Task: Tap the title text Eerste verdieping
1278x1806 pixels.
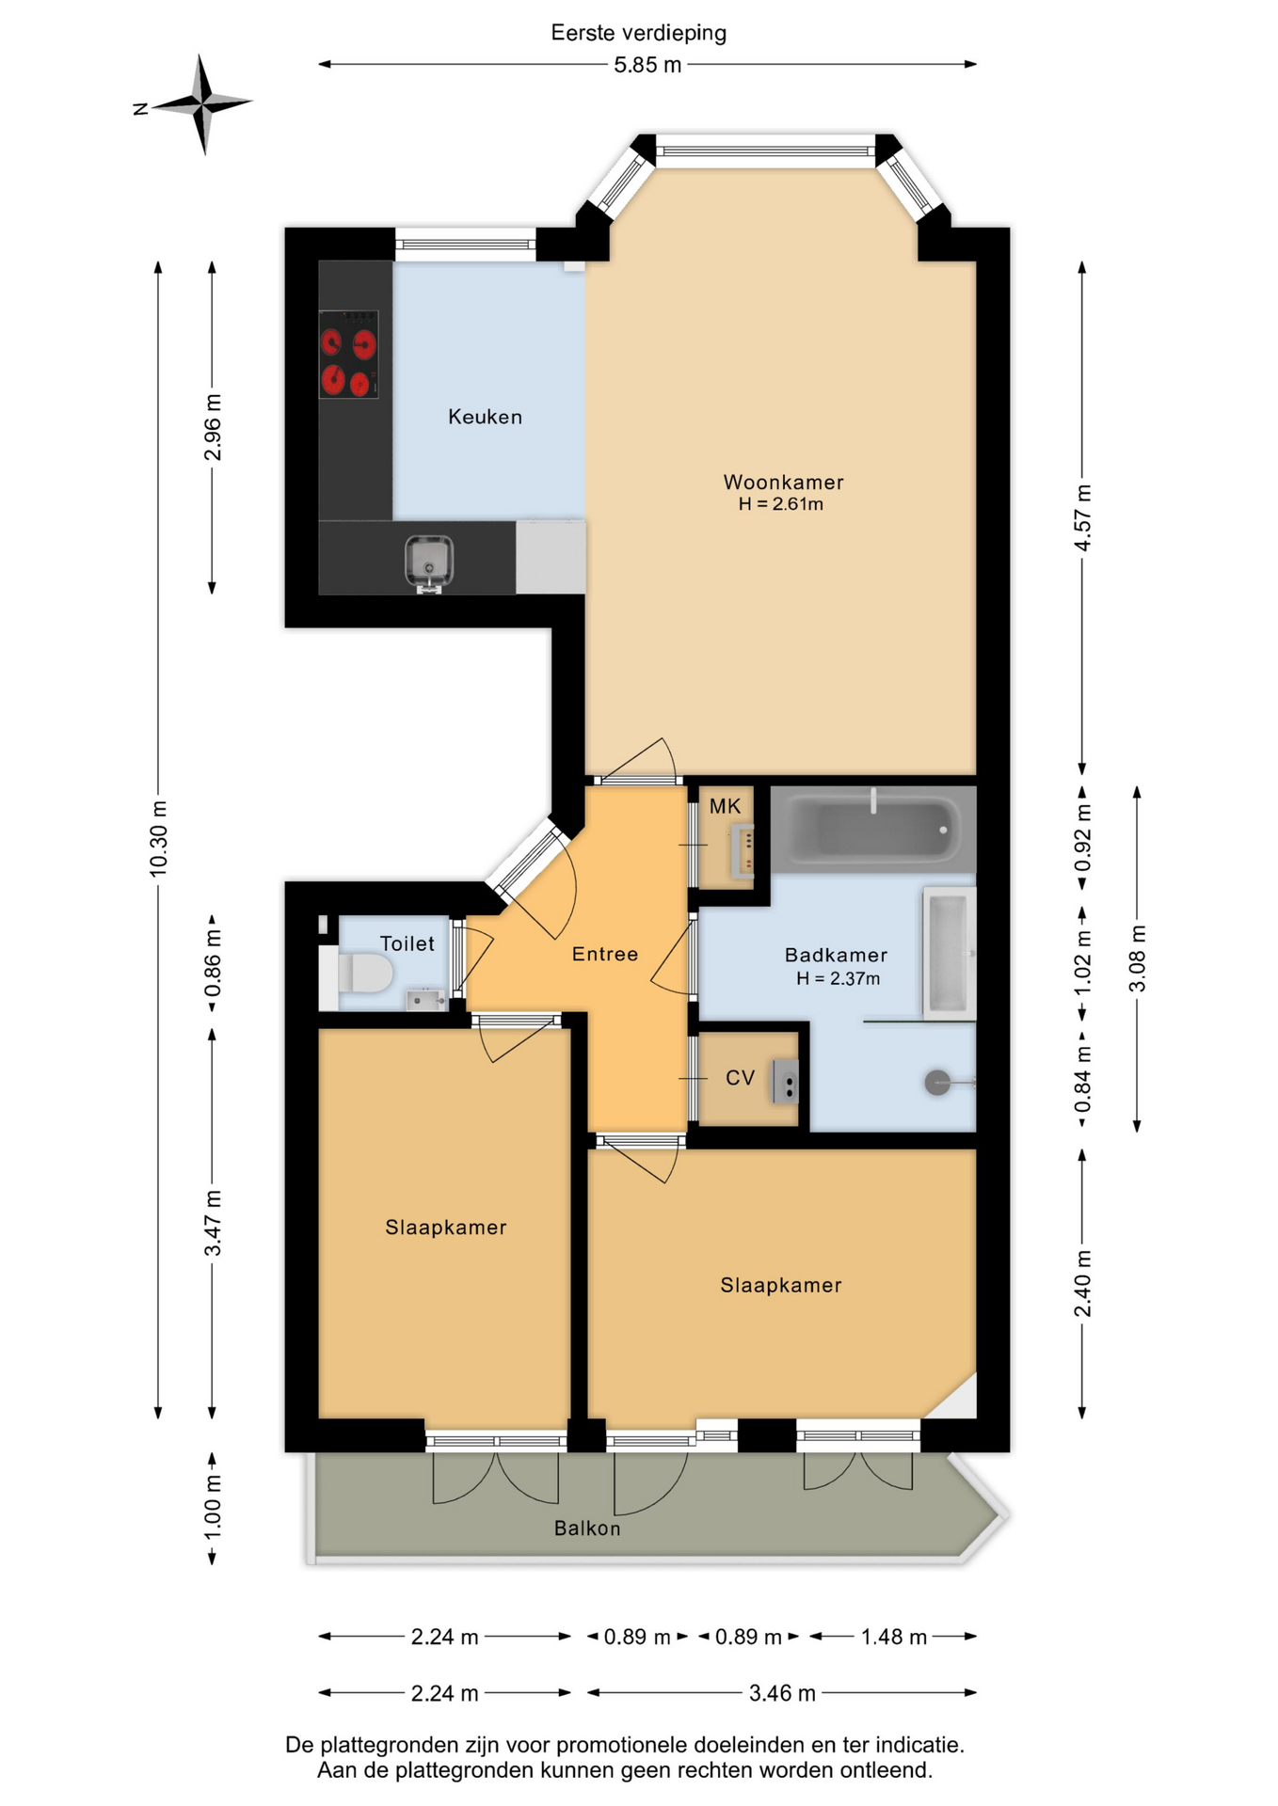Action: click(x=639, y=33)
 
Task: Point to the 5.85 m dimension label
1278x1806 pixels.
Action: click(x=647, y=65)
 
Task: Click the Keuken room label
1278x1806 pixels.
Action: click(x=485, y=417)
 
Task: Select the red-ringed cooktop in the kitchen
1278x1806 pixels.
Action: click(x=348, y=354)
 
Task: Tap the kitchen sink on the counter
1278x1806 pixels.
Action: click(x=429, y=562)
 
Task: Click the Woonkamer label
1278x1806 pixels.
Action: click(x=783, y=482)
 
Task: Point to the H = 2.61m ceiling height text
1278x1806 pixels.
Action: click(x=780, y=504)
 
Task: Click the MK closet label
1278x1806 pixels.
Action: click(x=725, y=806)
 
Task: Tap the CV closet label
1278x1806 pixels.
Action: click(x=740, y=1078)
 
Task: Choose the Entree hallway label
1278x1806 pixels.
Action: click(x=605, y=954)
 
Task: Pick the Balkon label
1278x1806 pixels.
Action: click(x=587, y=1529)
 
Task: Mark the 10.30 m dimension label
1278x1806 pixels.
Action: click(x=158, y=839)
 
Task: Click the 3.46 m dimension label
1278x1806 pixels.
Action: click(x=782, y=1693)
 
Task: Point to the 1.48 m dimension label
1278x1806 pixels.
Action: click(x=894, y=1637)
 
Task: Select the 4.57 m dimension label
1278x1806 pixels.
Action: click(x=1083, y=518)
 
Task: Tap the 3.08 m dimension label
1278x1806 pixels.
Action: click(x=1138, y=958)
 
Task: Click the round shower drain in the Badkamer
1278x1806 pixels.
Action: click(x=938, y=1083)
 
